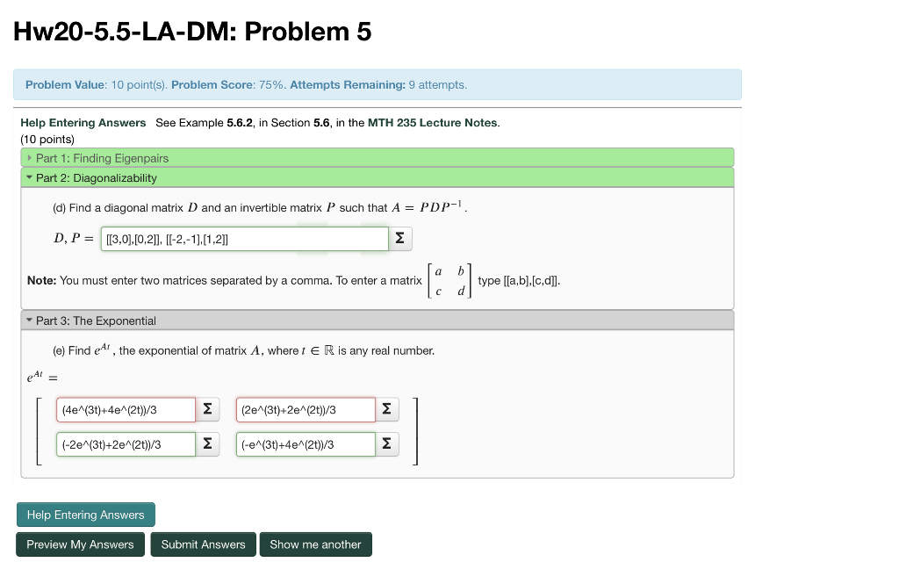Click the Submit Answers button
pyautogui.click(x=203, y=544)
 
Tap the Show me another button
pyautogui.click(x=315, y=544)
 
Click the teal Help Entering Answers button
pyautogui.click(x=85, y=515)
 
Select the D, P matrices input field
pyautogui.click(x=244, y=239)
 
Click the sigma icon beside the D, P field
pyautogui.click(x=399, y=239)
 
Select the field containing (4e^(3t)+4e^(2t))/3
pyautogui.click(x=126, y=410)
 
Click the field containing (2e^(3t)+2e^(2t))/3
pyautogui.click(x=306, y=410)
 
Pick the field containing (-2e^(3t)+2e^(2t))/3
pyautogui.click(x=126, y=444)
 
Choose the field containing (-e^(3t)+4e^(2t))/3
pyautogui.click(x=306, y=444)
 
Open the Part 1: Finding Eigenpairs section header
pyautogui.click(x=102, y=158)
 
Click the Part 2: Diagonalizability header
pyautogui.click(x=96, y=177)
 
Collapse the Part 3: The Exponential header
pyautogui.click(x=96, y=321)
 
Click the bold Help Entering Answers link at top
pyautogui.click(x=83, y=123)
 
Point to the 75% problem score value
pyautogui.click(x=273, y=85)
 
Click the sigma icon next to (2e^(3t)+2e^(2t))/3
pyautogui.click(x=386, y=410)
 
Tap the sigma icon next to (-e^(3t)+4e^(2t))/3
pyautogui.click(x=386, y=444)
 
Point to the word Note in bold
pyautogui.click(x=41, y=281)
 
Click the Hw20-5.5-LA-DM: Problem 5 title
pyautogui.click(x=192, y=32)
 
